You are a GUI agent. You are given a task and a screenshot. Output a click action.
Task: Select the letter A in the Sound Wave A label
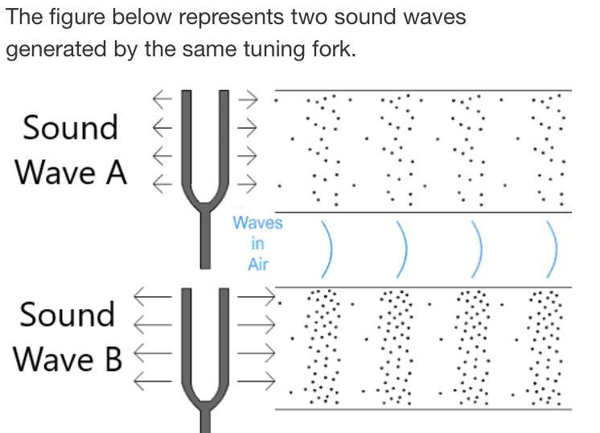[x=113, y=171]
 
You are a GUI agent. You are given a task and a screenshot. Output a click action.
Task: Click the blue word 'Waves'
[x=258, y=223]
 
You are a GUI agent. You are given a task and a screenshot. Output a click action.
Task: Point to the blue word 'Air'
[x=257, y=263]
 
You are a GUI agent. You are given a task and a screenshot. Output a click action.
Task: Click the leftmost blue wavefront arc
[x=328, y=249]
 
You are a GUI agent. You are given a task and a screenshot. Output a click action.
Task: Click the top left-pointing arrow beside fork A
[x=163, y=99]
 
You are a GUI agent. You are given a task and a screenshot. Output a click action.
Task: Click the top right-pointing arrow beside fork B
[x=257, y=298]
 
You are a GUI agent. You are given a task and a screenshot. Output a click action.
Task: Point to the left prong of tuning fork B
[x=188, y=338]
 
